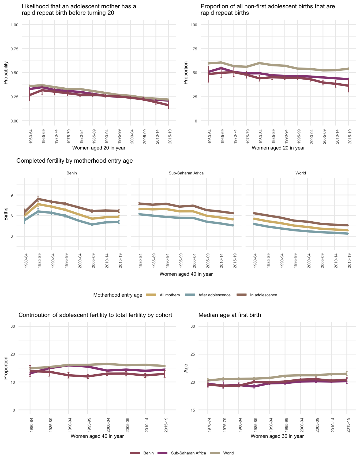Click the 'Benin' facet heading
(x=72, y=173)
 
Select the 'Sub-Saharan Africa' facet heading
(x=186, y=173)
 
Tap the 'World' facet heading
(x=301, y=173)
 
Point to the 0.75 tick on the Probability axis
(x=14, y=49)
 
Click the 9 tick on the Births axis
(x=12, y=195)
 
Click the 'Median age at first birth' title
(x=230, y=315)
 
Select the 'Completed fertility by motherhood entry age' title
(x=74, y=161)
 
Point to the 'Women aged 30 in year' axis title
(x=277, y=436)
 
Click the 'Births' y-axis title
(x=6, y=215)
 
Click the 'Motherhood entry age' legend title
(x=118, y=295)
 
